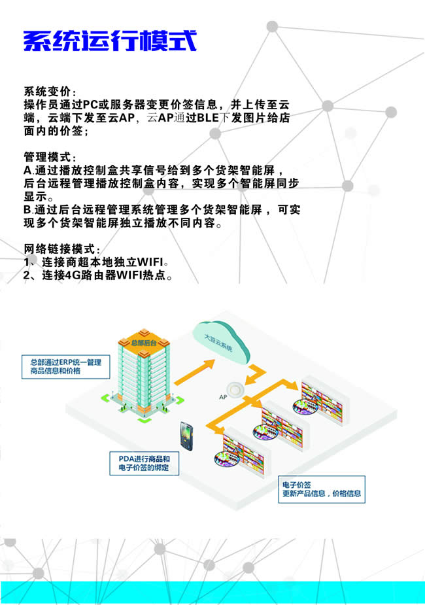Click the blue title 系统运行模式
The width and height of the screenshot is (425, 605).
tap(110, 41)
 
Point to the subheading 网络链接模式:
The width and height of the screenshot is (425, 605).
tap(62, 249)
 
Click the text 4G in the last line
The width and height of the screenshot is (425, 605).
tap(75, 275)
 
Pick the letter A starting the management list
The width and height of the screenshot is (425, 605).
tap(27, 171)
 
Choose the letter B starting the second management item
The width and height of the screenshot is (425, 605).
tap(27, 210)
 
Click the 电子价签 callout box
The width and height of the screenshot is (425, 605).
tap(322, 489)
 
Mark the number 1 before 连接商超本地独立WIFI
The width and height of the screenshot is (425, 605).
tap(27, 262)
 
